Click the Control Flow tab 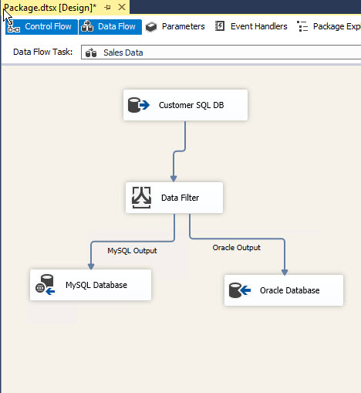(42, 27)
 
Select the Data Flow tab (110, 27)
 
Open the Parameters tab (175, 26)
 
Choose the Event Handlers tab (251, 26)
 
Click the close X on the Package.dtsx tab (122, 7)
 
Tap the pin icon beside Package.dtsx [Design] (108, 8)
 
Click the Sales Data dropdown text (123, 53)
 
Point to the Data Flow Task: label (43, 52)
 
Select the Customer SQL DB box (185, 105)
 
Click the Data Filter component (174, 198)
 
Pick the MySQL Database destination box (90, 285)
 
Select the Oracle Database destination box (284, 290)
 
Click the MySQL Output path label (132, 251)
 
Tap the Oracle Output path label (237, 248)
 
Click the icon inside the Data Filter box (141, 198)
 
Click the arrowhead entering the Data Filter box (174, 178)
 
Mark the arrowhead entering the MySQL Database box (91, 266)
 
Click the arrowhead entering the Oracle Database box (285, 272)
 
